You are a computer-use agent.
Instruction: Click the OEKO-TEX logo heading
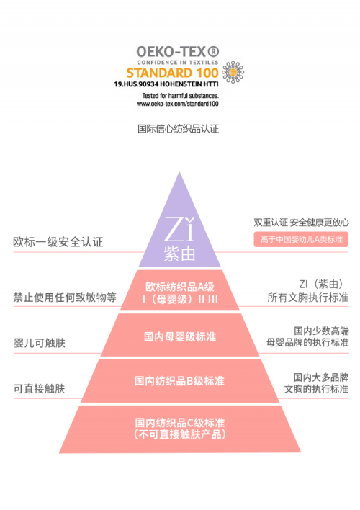[x=178, y=52]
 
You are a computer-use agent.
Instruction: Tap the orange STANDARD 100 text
[x=172, y=73]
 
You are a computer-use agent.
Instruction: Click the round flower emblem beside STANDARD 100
[x=233, y=72]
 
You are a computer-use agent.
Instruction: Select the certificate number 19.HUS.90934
[x=136, y=84]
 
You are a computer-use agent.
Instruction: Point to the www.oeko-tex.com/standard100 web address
[x=178, y=104]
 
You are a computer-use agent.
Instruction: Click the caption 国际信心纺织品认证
[x=179, y=129]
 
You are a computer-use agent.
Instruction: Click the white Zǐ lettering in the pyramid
[x=179, y=229]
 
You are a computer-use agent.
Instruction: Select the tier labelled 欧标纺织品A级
[x=179, y=290]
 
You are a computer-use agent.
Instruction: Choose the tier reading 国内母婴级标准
[x=180, y=335]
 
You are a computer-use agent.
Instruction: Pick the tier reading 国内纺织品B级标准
[x=180, y=381]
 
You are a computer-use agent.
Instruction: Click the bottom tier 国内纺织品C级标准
[x=180, y=429]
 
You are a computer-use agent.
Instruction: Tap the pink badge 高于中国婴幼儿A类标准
[x=301, y=239]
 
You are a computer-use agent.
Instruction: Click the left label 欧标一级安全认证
[x=58, y=242]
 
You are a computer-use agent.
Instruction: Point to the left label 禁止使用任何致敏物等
[x=65, y=297]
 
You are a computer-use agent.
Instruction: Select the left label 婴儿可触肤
[x=40, y=343]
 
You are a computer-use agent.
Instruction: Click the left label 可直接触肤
[x=39, y=389]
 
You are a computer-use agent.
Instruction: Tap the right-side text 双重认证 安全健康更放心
[x=302, y=223]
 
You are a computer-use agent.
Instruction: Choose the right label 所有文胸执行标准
[x=308, y=297]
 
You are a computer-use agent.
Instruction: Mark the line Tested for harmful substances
[x=181, y=96]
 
